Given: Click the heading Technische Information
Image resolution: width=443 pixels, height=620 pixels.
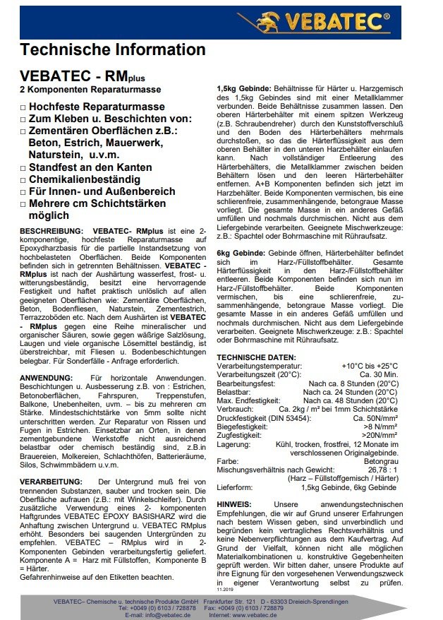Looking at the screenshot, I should pos(113,49).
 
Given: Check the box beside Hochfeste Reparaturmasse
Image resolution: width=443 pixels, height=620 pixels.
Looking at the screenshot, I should pos(23,107).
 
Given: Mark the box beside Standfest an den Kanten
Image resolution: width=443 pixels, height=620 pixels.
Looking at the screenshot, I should pos(23,167).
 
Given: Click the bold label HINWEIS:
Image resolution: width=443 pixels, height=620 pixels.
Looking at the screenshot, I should pos(234,504).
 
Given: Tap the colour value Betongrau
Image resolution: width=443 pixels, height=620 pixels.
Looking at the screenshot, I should pos(381,460).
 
